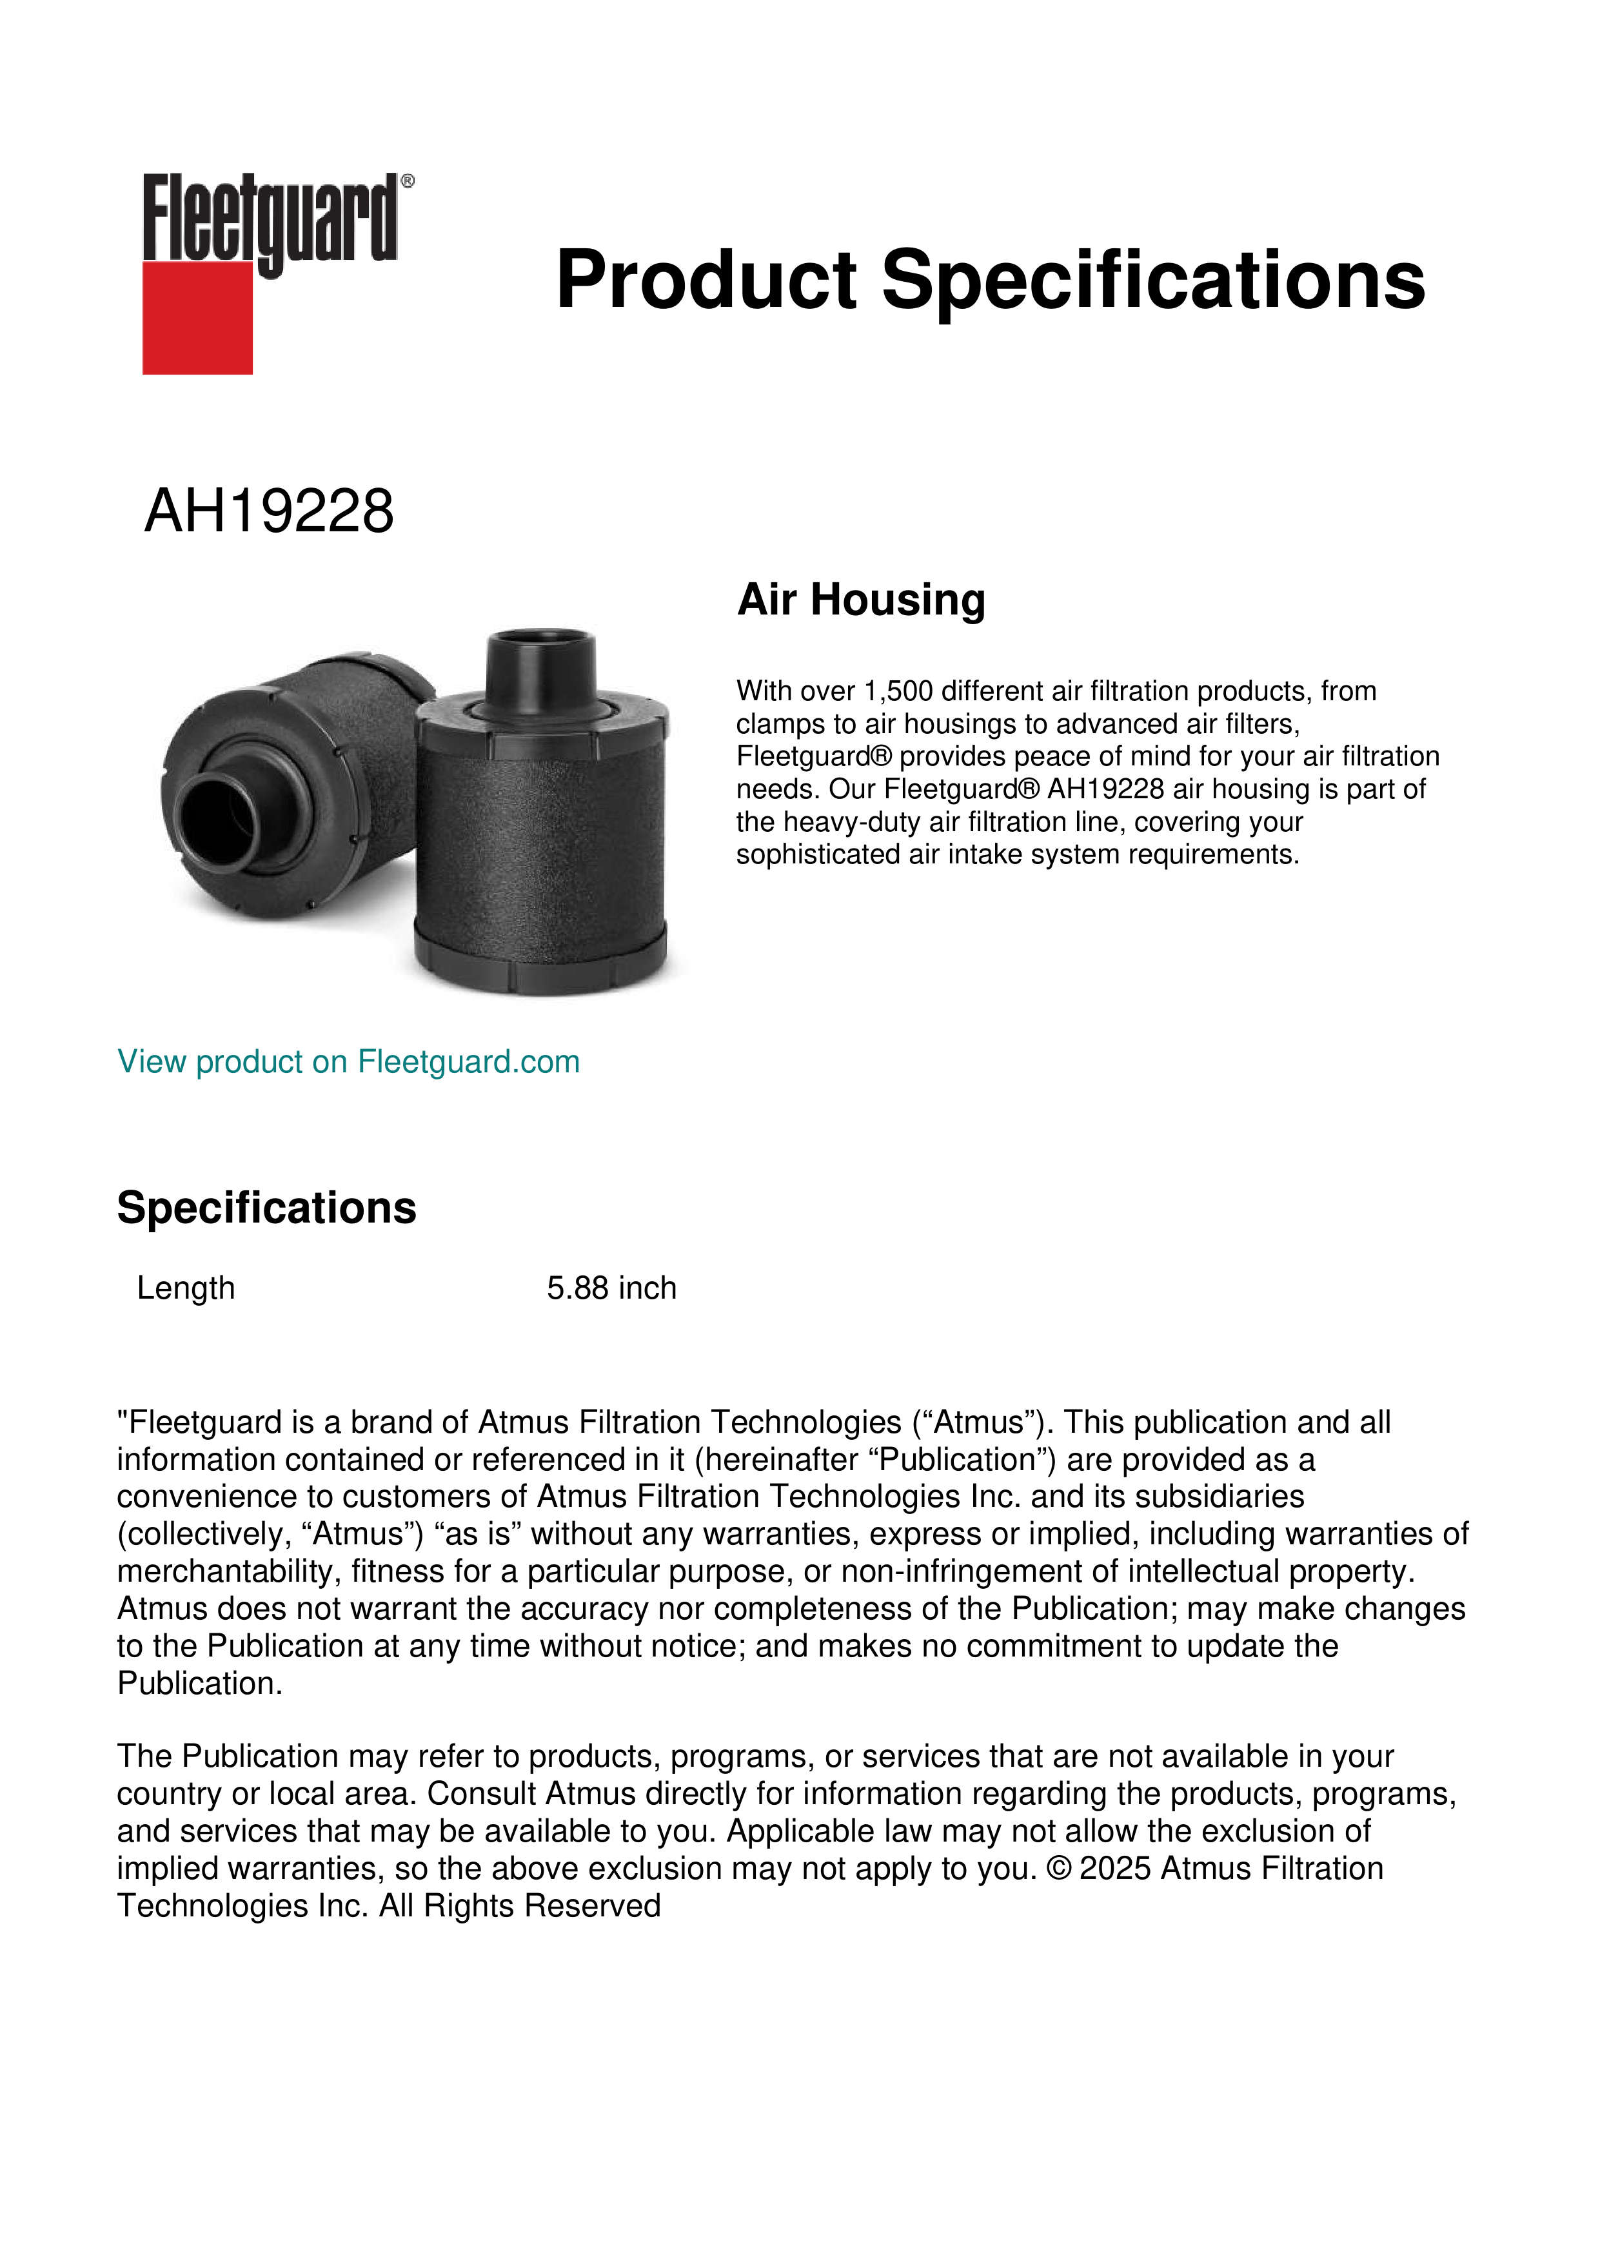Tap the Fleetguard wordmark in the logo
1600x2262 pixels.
coord(270,219)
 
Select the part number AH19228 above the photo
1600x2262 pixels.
coord(269,511)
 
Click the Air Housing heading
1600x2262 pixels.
coord(861,599)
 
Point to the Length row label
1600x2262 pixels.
coord(186,1288)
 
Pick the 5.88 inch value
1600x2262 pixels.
coord(612,1288)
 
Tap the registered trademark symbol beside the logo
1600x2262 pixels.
coord(408,181)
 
